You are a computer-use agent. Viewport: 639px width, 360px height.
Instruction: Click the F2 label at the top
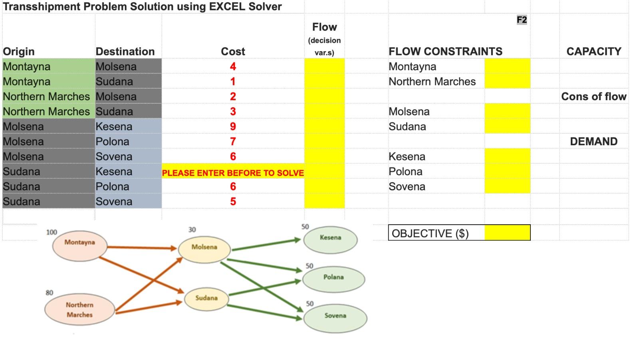pyautogui.click(x=522, y=20)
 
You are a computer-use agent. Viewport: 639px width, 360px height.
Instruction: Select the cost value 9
pyautogui.click(x=233, y=127)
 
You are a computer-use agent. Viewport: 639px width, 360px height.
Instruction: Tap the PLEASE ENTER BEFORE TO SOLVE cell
pyautogui.click(x=233, y=173)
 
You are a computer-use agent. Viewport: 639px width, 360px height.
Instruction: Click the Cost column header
pyautogui.click(x=233, y=51)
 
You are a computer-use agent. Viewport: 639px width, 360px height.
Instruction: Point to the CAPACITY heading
pyautogui.click(x=593, y=51)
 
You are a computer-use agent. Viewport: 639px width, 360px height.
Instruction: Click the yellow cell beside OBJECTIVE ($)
pyautogui.click(x=507, y=233)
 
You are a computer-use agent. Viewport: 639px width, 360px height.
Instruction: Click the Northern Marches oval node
pyautogui.click(x=79, y=310)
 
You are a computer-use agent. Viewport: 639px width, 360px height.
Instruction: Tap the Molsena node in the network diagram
pyautogui.click(x=204, y=249)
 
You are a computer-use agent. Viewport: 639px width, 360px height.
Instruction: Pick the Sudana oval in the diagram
pyautogui.click(x=206, y=299)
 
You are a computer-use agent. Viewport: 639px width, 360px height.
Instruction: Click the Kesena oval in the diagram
pyautogui.click(x=330, y=239)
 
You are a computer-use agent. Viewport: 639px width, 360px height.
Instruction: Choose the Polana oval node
pyautogui.click(x=333, y=279)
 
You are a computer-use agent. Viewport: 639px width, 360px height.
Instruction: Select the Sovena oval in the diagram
pyautogui.click(x=335, y=317)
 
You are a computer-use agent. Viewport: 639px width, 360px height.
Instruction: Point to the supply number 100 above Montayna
pyautogui.click(x=52, y=232)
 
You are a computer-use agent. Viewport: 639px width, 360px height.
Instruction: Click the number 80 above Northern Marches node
pyautogui.click(x=49, y=293)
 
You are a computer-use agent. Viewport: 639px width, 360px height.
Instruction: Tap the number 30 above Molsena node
pyautogui.click(x=192, y=229)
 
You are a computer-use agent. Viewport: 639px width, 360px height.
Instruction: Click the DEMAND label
pyautogui.click(x=593, y=142)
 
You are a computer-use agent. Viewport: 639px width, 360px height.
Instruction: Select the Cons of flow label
pyautogui.click(x=593, y=97)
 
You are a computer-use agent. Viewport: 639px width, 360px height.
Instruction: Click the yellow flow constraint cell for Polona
pyautogui.click(x=507, y=172)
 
